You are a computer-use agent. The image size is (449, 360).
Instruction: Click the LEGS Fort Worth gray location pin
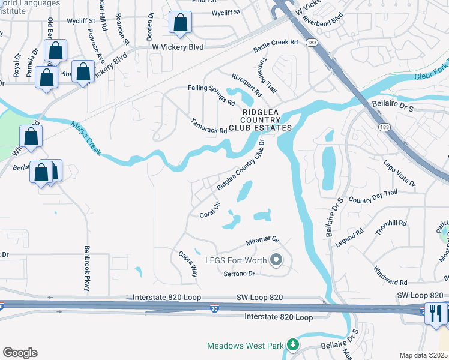[276, 260]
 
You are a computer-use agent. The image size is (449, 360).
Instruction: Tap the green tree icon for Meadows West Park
[292, 345]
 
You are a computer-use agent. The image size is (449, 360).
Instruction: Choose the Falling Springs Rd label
[210, 95]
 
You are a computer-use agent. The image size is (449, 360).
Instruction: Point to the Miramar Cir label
[263, 241]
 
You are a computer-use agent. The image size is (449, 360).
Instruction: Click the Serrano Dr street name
[240, 274]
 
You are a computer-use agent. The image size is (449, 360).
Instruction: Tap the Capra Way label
[188, 263]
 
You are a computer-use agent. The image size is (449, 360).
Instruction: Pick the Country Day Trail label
[373, 196]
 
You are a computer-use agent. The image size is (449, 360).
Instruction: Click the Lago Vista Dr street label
[399, 173]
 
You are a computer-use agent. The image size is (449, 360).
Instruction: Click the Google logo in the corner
[20, 353]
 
